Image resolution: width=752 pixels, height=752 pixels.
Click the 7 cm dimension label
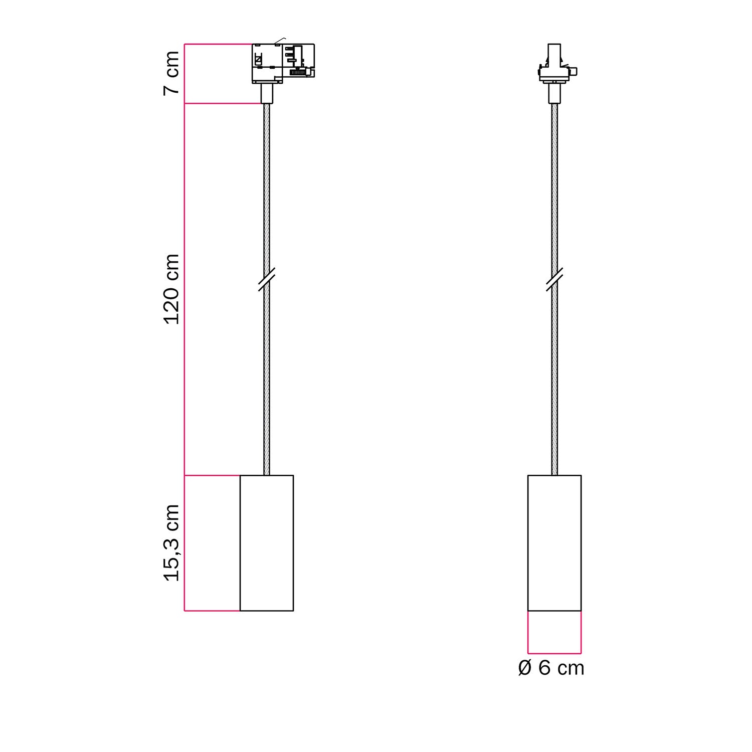pyautogui.click(x=171, y=73)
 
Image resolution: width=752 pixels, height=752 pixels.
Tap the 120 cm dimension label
pyautogui.click(x=171, y=289)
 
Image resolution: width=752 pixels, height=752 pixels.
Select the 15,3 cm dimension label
pyautogui.click(x=171, y=543)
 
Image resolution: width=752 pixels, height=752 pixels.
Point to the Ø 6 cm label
pyautogui.click(x=551, y=668)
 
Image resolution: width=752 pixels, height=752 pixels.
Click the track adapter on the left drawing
pyautogui.click(x=283, y=63)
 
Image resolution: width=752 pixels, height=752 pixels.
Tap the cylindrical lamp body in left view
pyautogui.click(x=267, y=543)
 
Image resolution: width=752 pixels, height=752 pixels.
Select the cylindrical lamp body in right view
pyautogui.click(x=554, y=543)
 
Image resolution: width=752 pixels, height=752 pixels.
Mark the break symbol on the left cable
pyautogui.click(x=267, y=279)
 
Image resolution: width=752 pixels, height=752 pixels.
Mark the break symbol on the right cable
pyautogui.click(x=554, y=279)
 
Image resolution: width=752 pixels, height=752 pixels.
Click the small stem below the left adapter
pyautogui.click(x=267, y=93)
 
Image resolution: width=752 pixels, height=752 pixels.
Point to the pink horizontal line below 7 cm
pyautogui.click(x=223, y=104)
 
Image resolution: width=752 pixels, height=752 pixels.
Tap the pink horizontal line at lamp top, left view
pyautogui.click(x=212, y=475)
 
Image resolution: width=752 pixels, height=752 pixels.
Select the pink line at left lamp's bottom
pyautogui.click(x=212, y=611)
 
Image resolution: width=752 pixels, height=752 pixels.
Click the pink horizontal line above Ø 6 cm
pyautogui.click(x=554, y=654)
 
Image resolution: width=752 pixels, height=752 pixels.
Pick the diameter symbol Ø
pyautogui.click(x=524, y=668)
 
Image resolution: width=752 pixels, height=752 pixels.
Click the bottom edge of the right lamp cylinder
pyautogui.click(x=554, y=611)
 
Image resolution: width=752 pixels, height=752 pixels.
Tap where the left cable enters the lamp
pyautogui.click(x=267, y=474)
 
